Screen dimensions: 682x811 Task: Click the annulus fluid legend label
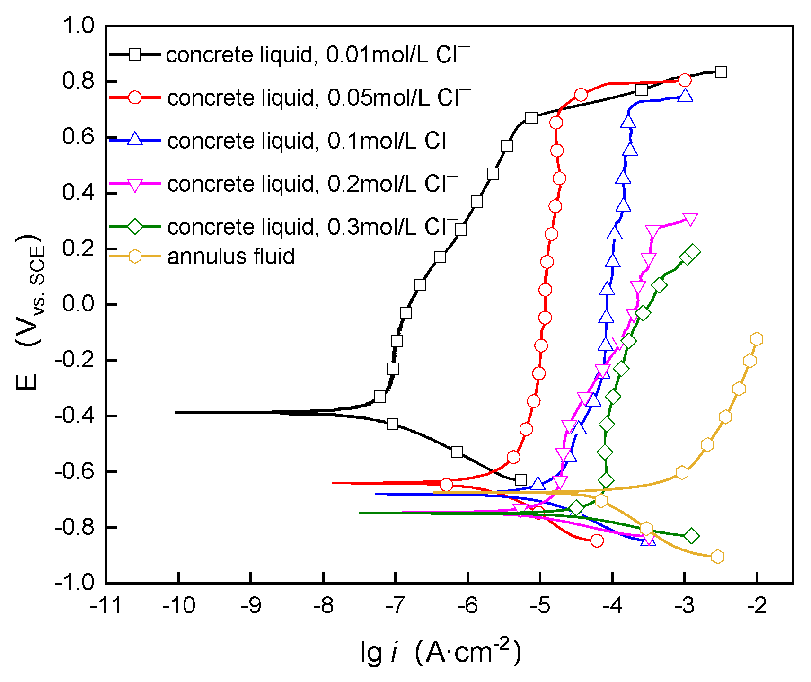(231, 256)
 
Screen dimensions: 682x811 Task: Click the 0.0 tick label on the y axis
(79, 304)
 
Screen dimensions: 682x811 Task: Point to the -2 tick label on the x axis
(757, 605)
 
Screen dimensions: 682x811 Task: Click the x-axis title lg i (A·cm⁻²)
(440, 652)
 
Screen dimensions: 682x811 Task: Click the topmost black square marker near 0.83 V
(721, 72)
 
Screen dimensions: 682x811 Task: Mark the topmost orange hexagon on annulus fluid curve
(757, 339)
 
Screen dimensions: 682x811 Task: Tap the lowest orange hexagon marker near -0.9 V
(717, 557)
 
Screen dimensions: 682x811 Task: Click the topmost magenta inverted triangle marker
(690, 220)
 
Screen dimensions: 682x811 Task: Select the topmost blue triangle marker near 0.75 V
(685, 96)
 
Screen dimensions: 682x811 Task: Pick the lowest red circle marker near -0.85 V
(597, 540)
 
